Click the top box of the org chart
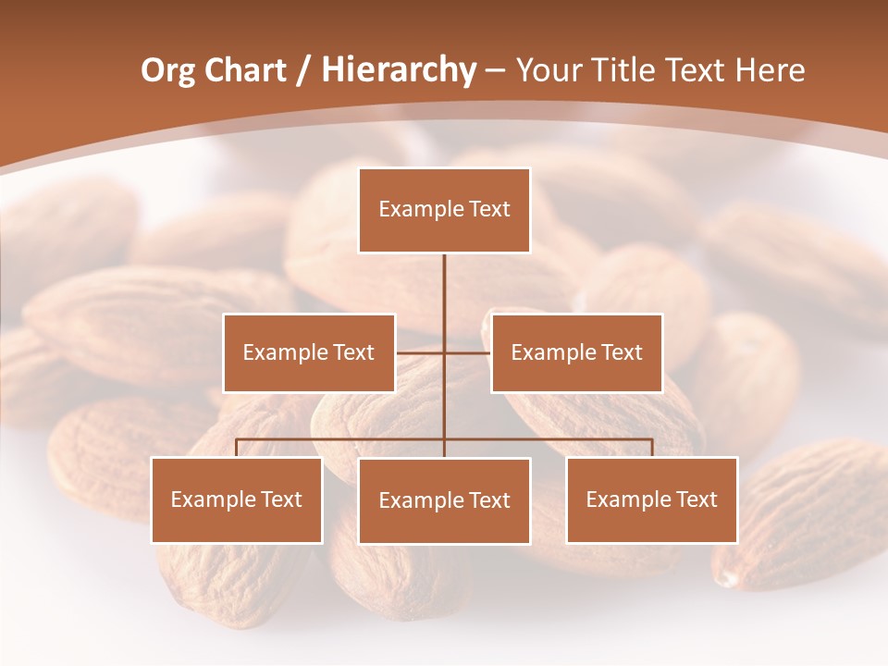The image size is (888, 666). point(444,210)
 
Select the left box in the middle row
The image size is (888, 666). point(309,352)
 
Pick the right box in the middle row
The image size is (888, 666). point(576,352)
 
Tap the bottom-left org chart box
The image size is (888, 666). point(237,499)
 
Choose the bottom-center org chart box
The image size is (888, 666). point(444,500)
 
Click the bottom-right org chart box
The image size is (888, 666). point(651,499)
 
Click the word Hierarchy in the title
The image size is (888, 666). point(399,70)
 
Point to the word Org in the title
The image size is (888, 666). point(167,70)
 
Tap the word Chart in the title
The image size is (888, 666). point(245,70)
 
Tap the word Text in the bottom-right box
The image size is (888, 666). point(697,499)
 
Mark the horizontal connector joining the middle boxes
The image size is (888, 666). point(467,352)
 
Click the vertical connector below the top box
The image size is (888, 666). point(444,287)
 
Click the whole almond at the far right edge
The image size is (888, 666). point(805,518)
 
